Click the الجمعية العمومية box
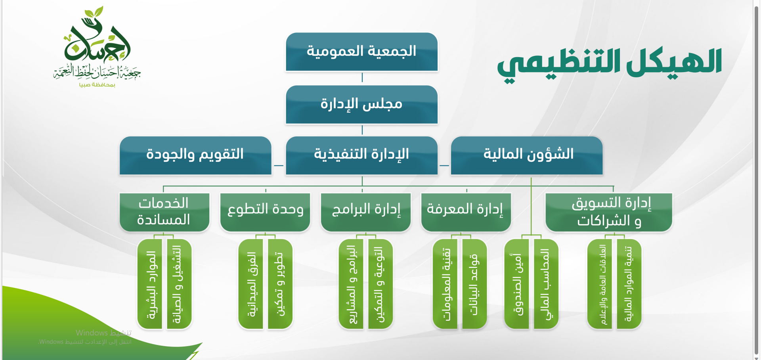point(361,52)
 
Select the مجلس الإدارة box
point(361,105)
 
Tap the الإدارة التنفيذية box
point(361,155)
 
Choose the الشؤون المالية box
point(527,155)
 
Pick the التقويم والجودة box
point(195,155)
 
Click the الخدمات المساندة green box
point(164,212)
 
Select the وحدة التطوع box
point(265,212)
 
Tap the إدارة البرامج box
point(366,212)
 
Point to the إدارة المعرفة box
point(466,212)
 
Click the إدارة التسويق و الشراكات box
point(609,212)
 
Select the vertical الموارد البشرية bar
point(150,284)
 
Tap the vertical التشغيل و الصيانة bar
point(179,284)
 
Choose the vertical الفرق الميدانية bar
point(251,284)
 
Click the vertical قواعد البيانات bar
point(475,284)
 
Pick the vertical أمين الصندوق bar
point(516,284)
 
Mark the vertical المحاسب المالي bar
point(546,284)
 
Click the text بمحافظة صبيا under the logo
point(97,84)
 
